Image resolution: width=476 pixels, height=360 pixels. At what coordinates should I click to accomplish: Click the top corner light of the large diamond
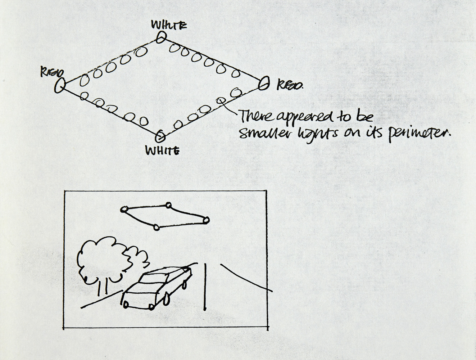point(161,37)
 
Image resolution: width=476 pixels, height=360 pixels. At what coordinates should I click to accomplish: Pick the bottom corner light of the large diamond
point(160,136)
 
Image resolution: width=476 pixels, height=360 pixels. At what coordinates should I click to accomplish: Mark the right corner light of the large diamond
point(264,84)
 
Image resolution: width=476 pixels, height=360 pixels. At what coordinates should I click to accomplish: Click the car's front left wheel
point(126,305)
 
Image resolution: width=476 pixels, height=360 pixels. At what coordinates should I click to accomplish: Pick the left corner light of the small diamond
point(124,209)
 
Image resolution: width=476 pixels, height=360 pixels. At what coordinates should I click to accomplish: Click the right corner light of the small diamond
point(206,220)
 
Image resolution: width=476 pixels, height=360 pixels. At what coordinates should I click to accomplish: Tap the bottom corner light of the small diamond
point(156,227)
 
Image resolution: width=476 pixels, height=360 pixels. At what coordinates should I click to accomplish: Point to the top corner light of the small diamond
point(168,205)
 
